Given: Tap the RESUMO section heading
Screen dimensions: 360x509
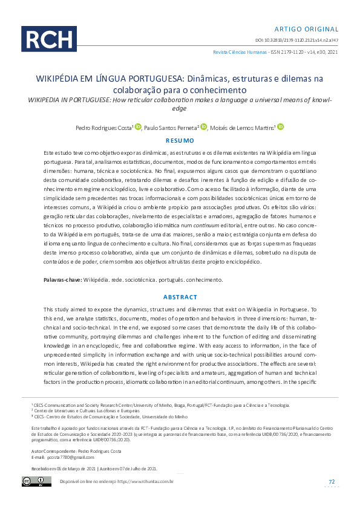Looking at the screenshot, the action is (180, 140).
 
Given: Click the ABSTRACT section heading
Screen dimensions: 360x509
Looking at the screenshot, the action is (180, 297).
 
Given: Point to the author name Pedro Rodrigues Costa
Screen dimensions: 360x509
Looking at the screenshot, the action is (103, 128).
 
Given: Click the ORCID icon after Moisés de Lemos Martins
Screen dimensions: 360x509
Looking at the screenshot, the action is (281, 126).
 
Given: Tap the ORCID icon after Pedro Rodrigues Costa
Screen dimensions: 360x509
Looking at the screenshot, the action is (138, 126).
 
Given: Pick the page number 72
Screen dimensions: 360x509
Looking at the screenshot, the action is (332, 481).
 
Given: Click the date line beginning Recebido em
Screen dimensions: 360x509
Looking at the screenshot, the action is (94, 468).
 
